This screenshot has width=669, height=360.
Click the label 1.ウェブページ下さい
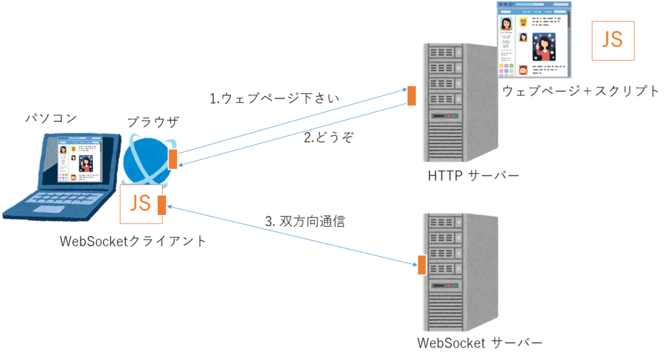274,99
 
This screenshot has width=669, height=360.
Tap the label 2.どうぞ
329,138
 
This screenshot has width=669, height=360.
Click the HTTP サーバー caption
474,176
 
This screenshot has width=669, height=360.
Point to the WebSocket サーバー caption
480,342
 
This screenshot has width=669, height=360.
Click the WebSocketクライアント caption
133,241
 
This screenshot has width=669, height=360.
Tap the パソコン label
51,118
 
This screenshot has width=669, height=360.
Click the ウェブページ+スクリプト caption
581,91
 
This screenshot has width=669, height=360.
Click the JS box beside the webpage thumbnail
613,41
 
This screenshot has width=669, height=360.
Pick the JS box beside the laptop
140,203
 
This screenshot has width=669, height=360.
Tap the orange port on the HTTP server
412,95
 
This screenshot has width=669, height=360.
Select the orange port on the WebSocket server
422,265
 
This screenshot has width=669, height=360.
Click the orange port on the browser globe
172,159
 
